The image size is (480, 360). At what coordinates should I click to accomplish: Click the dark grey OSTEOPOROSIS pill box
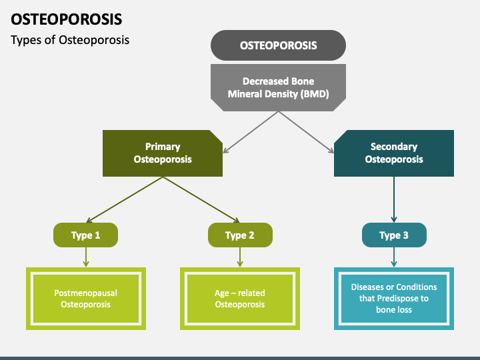278,45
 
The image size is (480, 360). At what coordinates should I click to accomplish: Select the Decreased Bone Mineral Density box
278,87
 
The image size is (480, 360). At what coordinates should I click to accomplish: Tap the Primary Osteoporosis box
163,153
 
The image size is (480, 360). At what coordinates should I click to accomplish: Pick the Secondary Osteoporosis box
394,153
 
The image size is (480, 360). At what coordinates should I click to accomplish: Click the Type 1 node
86,235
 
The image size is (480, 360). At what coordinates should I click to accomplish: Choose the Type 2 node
240,235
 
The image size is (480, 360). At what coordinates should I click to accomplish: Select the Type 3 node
394,235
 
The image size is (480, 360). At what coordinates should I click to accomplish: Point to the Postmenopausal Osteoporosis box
86,299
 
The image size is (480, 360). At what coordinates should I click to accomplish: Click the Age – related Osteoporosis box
240,299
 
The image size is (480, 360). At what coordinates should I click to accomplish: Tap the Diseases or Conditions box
394,299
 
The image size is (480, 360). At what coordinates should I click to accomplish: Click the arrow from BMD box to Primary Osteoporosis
251,132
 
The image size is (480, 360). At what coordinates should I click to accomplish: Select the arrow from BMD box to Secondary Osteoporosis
306,132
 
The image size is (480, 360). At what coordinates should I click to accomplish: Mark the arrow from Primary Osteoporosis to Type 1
125,199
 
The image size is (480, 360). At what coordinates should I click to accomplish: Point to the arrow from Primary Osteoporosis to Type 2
201,199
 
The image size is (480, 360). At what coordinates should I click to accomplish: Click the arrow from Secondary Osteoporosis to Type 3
394,199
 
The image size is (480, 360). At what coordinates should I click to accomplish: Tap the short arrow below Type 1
86,257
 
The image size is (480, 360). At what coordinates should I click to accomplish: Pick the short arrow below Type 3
394,257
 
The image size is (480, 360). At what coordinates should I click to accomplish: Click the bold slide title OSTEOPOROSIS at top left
67,19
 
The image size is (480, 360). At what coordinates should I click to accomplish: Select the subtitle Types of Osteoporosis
70,40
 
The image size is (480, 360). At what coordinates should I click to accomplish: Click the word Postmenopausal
86,293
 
